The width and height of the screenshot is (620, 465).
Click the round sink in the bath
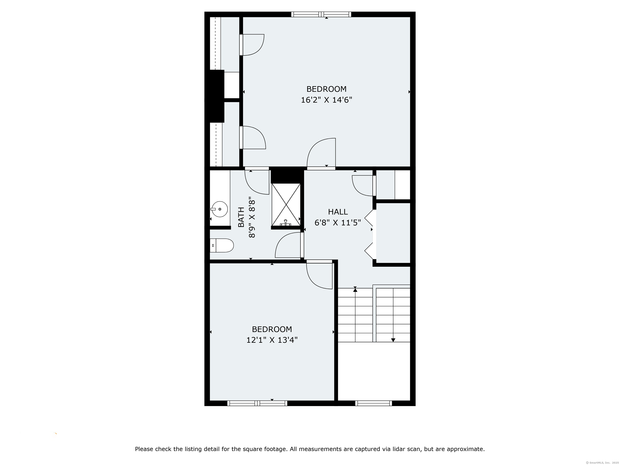coord(219,209)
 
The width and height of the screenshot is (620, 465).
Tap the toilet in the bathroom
coord(222,246)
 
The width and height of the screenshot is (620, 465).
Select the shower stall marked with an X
coord(286,205)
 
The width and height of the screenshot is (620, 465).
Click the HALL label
coord(338,212)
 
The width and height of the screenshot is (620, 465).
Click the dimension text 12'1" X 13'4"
coord(272,340)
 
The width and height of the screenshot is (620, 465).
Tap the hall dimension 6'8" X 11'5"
coord(337,223)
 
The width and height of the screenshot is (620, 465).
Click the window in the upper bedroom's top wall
coord(321,14)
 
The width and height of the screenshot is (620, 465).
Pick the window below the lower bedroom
coord(257,403)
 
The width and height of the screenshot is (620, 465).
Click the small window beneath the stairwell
coord(374,403)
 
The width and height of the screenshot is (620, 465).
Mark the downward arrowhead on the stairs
coord(393,340)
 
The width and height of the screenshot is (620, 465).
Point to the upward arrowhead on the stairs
coord(355,290)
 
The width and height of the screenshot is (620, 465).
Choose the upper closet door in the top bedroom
coord(252,45)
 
